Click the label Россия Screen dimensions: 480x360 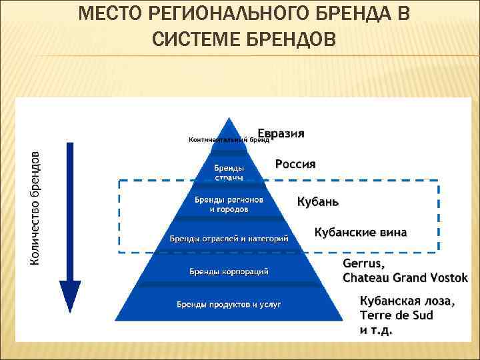295,164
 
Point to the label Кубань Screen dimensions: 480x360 317,201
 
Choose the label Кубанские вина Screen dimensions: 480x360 361,232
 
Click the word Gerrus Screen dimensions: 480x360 364,264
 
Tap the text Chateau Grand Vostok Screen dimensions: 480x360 405,277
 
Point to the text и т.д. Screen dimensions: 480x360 377,329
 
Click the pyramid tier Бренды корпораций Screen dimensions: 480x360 229,271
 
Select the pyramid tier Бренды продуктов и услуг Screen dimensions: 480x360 229,305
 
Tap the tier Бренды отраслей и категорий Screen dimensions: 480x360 229,238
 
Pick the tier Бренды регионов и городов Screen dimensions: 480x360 229,204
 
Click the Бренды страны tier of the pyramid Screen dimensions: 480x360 229,173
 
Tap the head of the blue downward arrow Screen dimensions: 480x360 70,296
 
